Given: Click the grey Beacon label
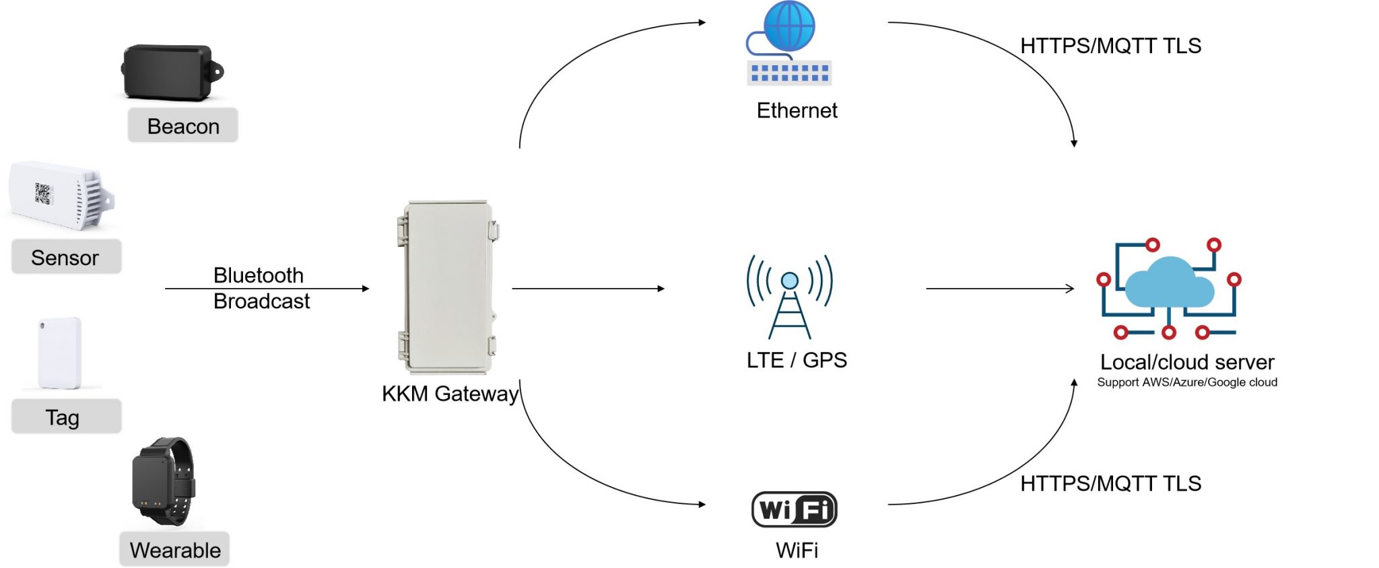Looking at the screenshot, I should click(182, 126).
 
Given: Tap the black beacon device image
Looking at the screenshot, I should click(170, 72).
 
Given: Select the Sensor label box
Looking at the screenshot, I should click(66, 257).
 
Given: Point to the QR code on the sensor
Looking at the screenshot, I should click(42, 194).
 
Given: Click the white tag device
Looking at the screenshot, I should click(59, 353).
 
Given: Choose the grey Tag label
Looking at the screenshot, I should click(66, 417).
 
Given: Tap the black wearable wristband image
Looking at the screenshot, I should click(162, 481).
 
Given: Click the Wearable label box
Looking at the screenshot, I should click(174, 550).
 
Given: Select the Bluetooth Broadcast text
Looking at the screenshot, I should click(261, 288).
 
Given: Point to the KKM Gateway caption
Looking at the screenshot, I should click(450, 394).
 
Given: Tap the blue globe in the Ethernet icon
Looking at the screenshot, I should click(790, 26).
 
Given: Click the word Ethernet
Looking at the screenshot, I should click(797, 110).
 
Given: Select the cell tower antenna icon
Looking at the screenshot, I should click(789, 296).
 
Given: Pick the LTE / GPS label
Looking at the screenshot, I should click(797, 360).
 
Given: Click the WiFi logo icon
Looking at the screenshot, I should click(795, 509).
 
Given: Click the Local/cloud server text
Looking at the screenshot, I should click(1187, 362).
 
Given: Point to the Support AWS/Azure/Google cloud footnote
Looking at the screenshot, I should click(1187, 382).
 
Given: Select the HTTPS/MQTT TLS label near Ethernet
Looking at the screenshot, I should click(1110, 46).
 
